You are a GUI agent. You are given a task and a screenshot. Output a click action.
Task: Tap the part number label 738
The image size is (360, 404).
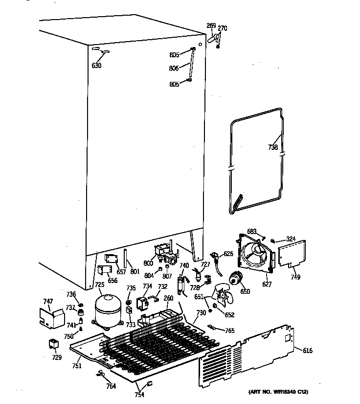[273, 147]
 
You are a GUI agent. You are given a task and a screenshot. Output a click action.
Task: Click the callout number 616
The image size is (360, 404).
[307, 351]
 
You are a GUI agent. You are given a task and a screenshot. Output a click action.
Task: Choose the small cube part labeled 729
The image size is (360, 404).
[52, 344]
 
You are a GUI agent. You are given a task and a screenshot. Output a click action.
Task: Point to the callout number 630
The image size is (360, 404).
[96, 65]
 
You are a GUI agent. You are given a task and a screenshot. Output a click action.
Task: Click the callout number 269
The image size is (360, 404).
[211, 25]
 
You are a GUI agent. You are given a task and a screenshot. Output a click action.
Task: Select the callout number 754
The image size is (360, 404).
[140, 395]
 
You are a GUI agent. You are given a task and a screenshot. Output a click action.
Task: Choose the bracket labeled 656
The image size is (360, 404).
[104, 271]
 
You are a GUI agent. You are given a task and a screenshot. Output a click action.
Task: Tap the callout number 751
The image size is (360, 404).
[77, 365]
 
